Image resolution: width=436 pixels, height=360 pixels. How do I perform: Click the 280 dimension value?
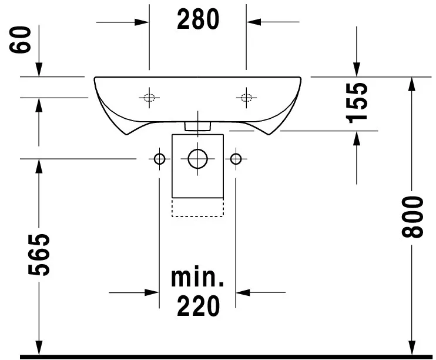pos(198,21)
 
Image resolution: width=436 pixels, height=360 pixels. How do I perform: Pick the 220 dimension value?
pos(197,305)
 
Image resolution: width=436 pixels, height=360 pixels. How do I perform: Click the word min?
pos(198,278)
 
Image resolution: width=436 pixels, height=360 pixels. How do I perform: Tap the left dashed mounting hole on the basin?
pos(149,98)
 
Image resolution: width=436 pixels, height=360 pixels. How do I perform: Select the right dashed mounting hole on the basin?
pos(246,98)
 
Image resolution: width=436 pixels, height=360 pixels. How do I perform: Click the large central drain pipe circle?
pos(197,158)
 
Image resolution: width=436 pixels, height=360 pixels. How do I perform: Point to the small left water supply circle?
pos(159,158)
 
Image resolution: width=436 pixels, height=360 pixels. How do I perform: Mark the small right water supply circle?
pos(236,158)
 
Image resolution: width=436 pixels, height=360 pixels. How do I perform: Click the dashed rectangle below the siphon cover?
pos(197,208)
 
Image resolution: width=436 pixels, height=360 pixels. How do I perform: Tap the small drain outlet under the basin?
pos(197,125)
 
